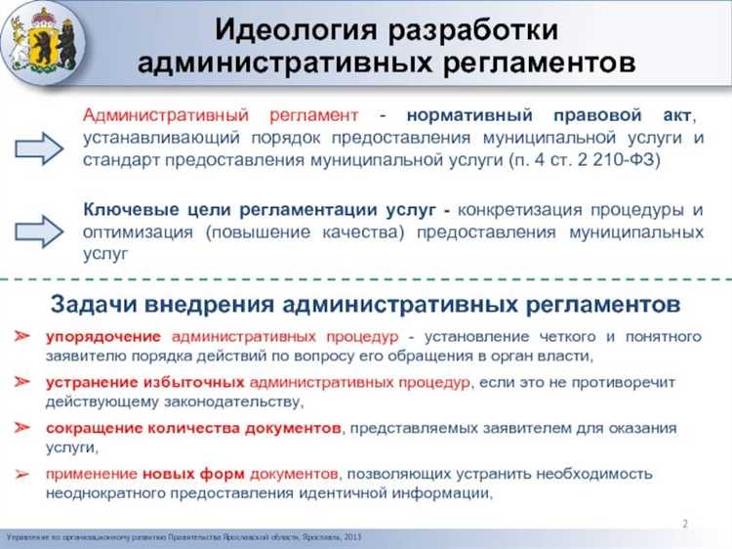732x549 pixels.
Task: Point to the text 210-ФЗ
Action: (625, 160)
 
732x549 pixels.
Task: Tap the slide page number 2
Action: (685, 525)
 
